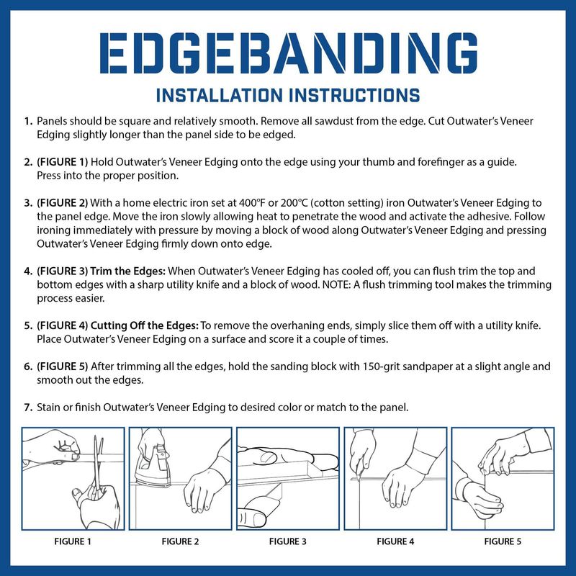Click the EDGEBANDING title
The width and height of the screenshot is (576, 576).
pyautogui.click(x=289, y=53)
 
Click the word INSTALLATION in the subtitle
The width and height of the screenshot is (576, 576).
pyautogui.click(x=220, y=95)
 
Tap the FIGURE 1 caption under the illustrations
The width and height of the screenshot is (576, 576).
pyautogui.click(x=73, y=541)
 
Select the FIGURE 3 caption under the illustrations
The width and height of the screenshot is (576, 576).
pyautogui.click(x=287, y=541)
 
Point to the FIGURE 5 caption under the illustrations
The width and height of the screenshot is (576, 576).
pyautogui.click(x=503, y=541)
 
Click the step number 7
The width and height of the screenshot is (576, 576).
pyautogui.click(x=28, y=408)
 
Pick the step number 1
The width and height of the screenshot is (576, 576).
pyautogui.click(x=28, y=121)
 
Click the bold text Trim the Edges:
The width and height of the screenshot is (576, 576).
pyautogui.click(x=128, y=271)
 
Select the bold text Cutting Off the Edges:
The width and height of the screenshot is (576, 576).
pyautogui.click(x=145, y=325)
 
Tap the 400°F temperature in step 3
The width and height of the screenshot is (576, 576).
pyautogui.click(x=251, y=203)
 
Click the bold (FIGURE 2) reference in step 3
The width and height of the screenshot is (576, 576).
pyautogui.click(x=62, y=203)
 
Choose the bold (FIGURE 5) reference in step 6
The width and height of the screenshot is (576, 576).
pyautogui.click(x=62, y=366)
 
